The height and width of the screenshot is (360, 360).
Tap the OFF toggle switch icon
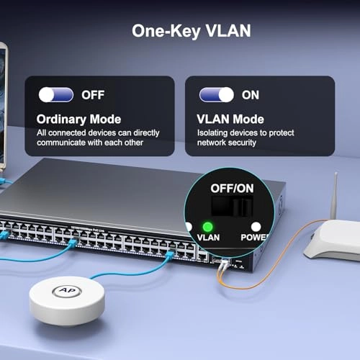click(x=57, y=94)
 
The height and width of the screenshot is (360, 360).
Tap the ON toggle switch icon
click(x=217, y=94)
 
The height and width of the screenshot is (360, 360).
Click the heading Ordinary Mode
click(x=79, y=120)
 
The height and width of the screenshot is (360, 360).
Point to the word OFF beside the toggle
click(x=93, y=94)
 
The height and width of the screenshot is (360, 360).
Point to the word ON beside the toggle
click(x=250, y=94)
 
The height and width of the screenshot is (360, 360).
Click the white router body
click(x=331, y=241)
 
